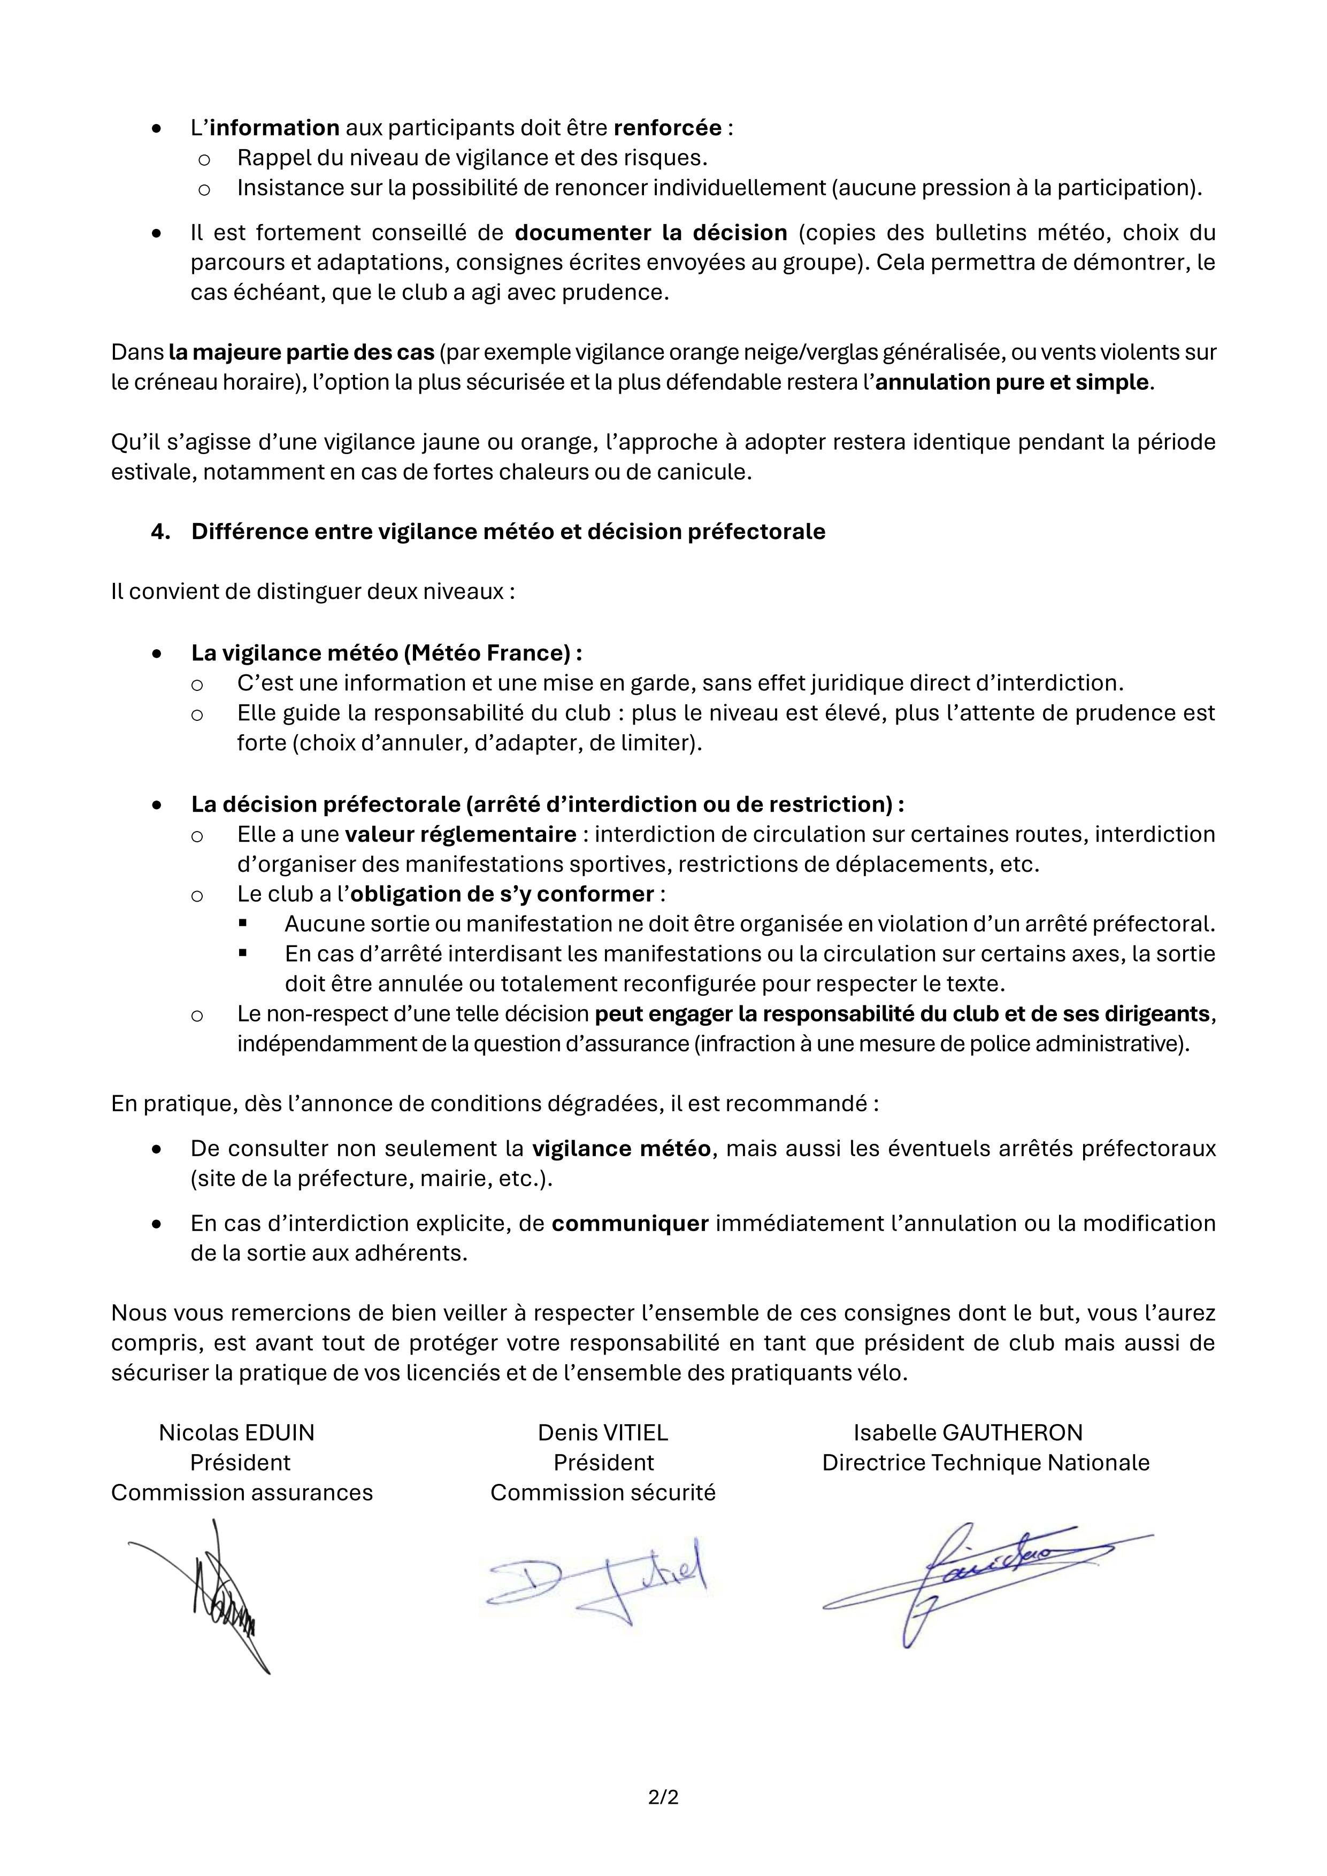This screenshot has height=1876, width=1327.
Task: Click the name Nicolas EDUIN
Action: (236, 1432)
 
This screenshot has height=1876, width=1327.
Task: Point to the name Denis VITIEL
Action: (602, 1432)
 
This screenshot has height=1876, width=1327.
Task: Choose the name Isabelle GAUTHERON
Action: (968, 1432)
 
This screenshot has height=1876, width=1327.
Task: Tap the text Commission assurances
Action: (242, 1493)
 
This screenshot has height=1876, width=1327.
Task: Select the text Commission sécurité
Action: (602, 1493)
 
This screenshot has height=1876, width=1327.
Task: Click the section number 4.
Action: (160, 532)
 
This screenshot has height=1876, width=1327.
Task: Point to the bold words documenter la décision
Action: (650, 233)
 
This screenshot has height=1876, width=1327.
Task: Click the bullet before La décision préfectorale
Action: (157, 805)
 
